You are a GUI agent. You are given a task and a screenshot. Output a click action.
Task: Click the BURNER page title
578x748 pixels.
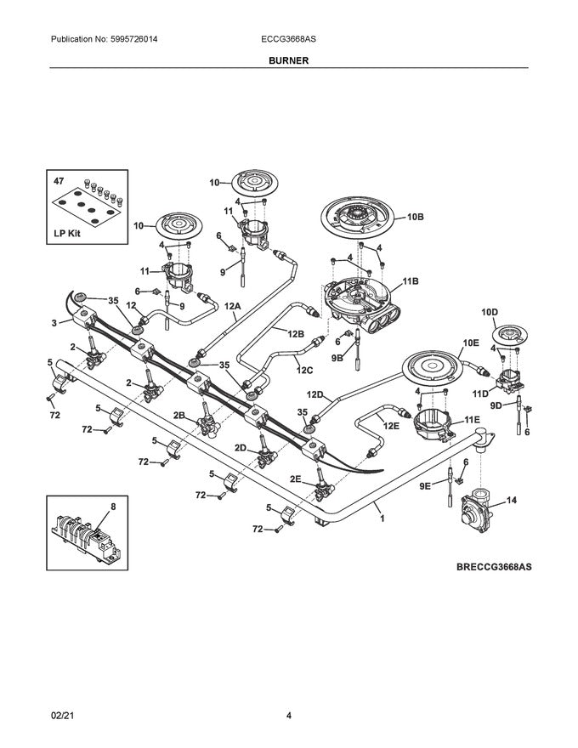coord(288,60)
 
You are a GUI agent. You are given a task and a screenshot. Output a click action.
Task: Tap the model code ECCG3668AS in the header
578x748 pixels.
coord(288,39)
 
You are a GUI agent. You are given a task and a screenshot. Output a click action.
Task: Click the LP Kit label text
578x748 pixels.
coord(67,234)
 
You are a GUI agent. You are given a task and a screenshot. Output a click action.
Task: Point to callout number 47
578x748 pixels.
coord(59,181)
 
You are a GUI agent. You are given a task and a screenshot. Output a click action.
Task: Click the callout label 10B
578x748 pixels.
coord(416,217)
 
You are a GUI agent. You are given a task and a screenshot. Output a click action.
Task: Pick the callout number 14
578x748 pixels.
coord(511,500)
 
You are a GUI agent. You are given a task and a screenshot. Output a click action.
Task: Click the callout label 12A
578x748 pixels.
coord(233,306)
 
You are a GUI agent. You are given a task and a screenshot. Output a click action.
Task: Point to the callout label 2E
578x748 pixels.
coord(295,479)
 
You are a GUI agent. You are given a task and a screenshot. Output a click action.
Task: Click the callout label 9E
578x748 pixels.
coord(425,485)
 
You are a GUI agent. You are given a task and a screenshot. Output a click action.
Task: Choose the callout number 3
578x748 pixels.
coord(54,323)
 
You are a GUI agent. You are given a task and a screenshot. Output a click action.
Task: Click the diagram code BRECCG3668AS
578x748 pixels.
coord(494,567)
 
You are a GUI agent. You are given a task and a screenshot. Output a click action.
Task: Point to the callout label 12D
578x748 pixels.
coord(314,394)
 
